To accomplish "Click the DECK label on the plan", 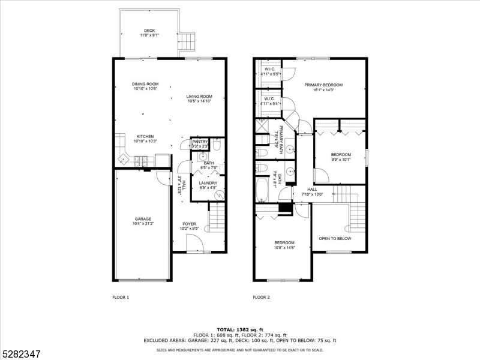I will (149, 31).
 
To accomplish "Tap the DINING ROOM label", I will (145, 84).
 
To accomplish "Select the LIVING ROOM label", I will (199, 96).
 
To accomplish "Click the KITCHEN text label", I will (145, 136).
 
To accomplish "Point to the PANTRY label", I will (200, 142).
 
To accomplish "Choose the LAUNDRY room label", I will (208, 184).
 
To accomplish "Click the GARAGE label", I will (143, 219).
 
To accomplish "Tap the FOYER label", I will (190, 224).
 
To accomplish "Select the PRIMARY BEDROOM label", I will (323, 85).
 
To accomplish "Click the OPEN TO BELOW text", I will (335, 238).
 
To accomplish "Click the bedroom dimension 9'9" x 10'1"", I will (341, 160).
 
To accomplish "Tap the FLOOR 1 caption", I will (121, 297).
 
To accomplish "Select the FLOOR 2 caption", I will (261, 297).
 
